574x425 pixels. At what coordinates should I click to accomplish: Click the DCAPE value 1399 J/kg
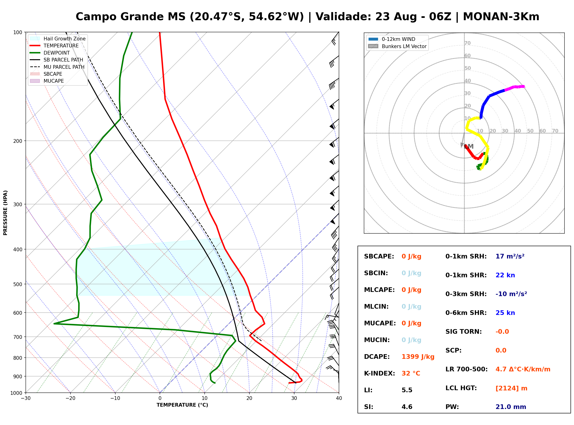[418, 357]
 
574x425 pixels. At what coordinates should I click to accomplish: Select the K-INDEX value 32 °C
[411, 373]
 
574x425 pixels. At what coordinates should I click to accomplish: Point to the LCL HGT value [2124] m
[511, 388]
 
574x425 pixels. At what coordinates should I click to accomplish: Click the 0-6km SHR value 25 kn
[505, 313]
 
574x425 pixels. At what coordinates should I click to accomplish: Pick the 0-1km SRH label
[466, 256]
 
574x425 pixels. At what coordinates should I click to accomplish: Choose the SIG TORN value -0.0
[502, 332]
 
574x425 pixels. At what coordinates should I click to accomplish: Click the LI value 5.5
[407, 390]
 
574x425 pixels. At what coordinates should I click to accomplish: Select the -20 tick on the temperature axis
[70, 398]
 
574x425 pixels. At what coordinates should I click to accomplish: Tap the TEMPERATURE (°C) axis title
[182, 405]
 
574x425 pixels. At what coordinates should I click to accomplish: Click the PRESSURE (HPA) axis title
[5, 213]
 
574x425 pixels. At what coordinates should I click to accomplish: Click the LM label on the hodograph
[469, 147]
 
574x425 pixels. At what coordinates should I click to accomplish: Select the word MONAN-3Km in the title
[501, 17]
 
